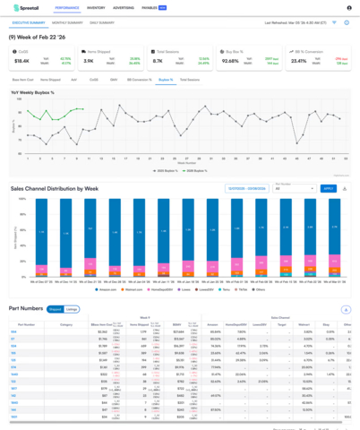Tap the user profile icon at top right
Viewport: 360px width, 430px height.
click(348, 7)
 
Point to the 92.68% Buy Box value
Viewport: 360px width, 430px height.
click(231, 61)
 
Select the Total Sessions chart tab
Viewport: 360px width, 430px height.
click(190, 80)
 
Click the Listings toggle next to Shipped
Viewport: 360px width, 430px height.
click(72, 308)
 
